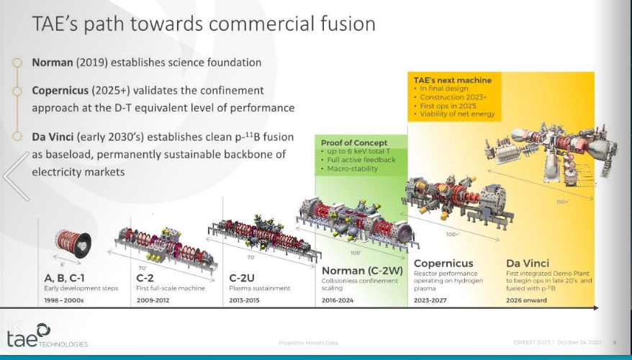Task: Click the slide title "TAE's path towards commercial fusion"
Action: (x=204, y=24)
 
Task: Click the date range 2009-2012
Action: (x=152, y=300)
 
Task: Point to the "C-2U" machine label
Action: (x=245, y=277)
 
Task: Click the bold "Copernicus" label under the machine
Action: (x=443, y=264)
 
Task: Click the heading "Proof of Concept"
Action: (x=354, y=143)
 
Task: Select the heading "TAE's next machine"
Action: (x=453, y=80)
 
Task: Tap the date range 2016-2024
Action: (x=338, y=300)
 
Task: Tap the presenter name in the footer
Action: (x=308, y=343)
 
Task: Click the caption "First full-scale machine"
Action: (x=170, y=288)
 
